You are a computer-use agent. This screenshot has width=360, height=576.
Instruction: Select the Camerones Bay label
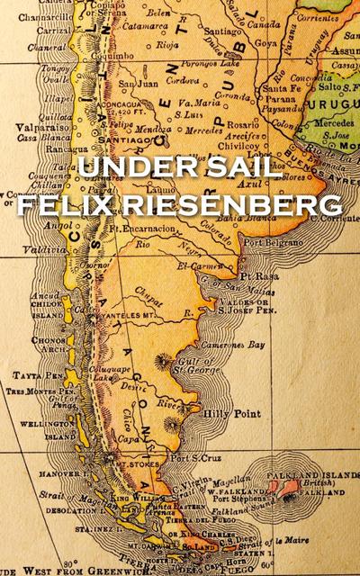click(x=238, y=345)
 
